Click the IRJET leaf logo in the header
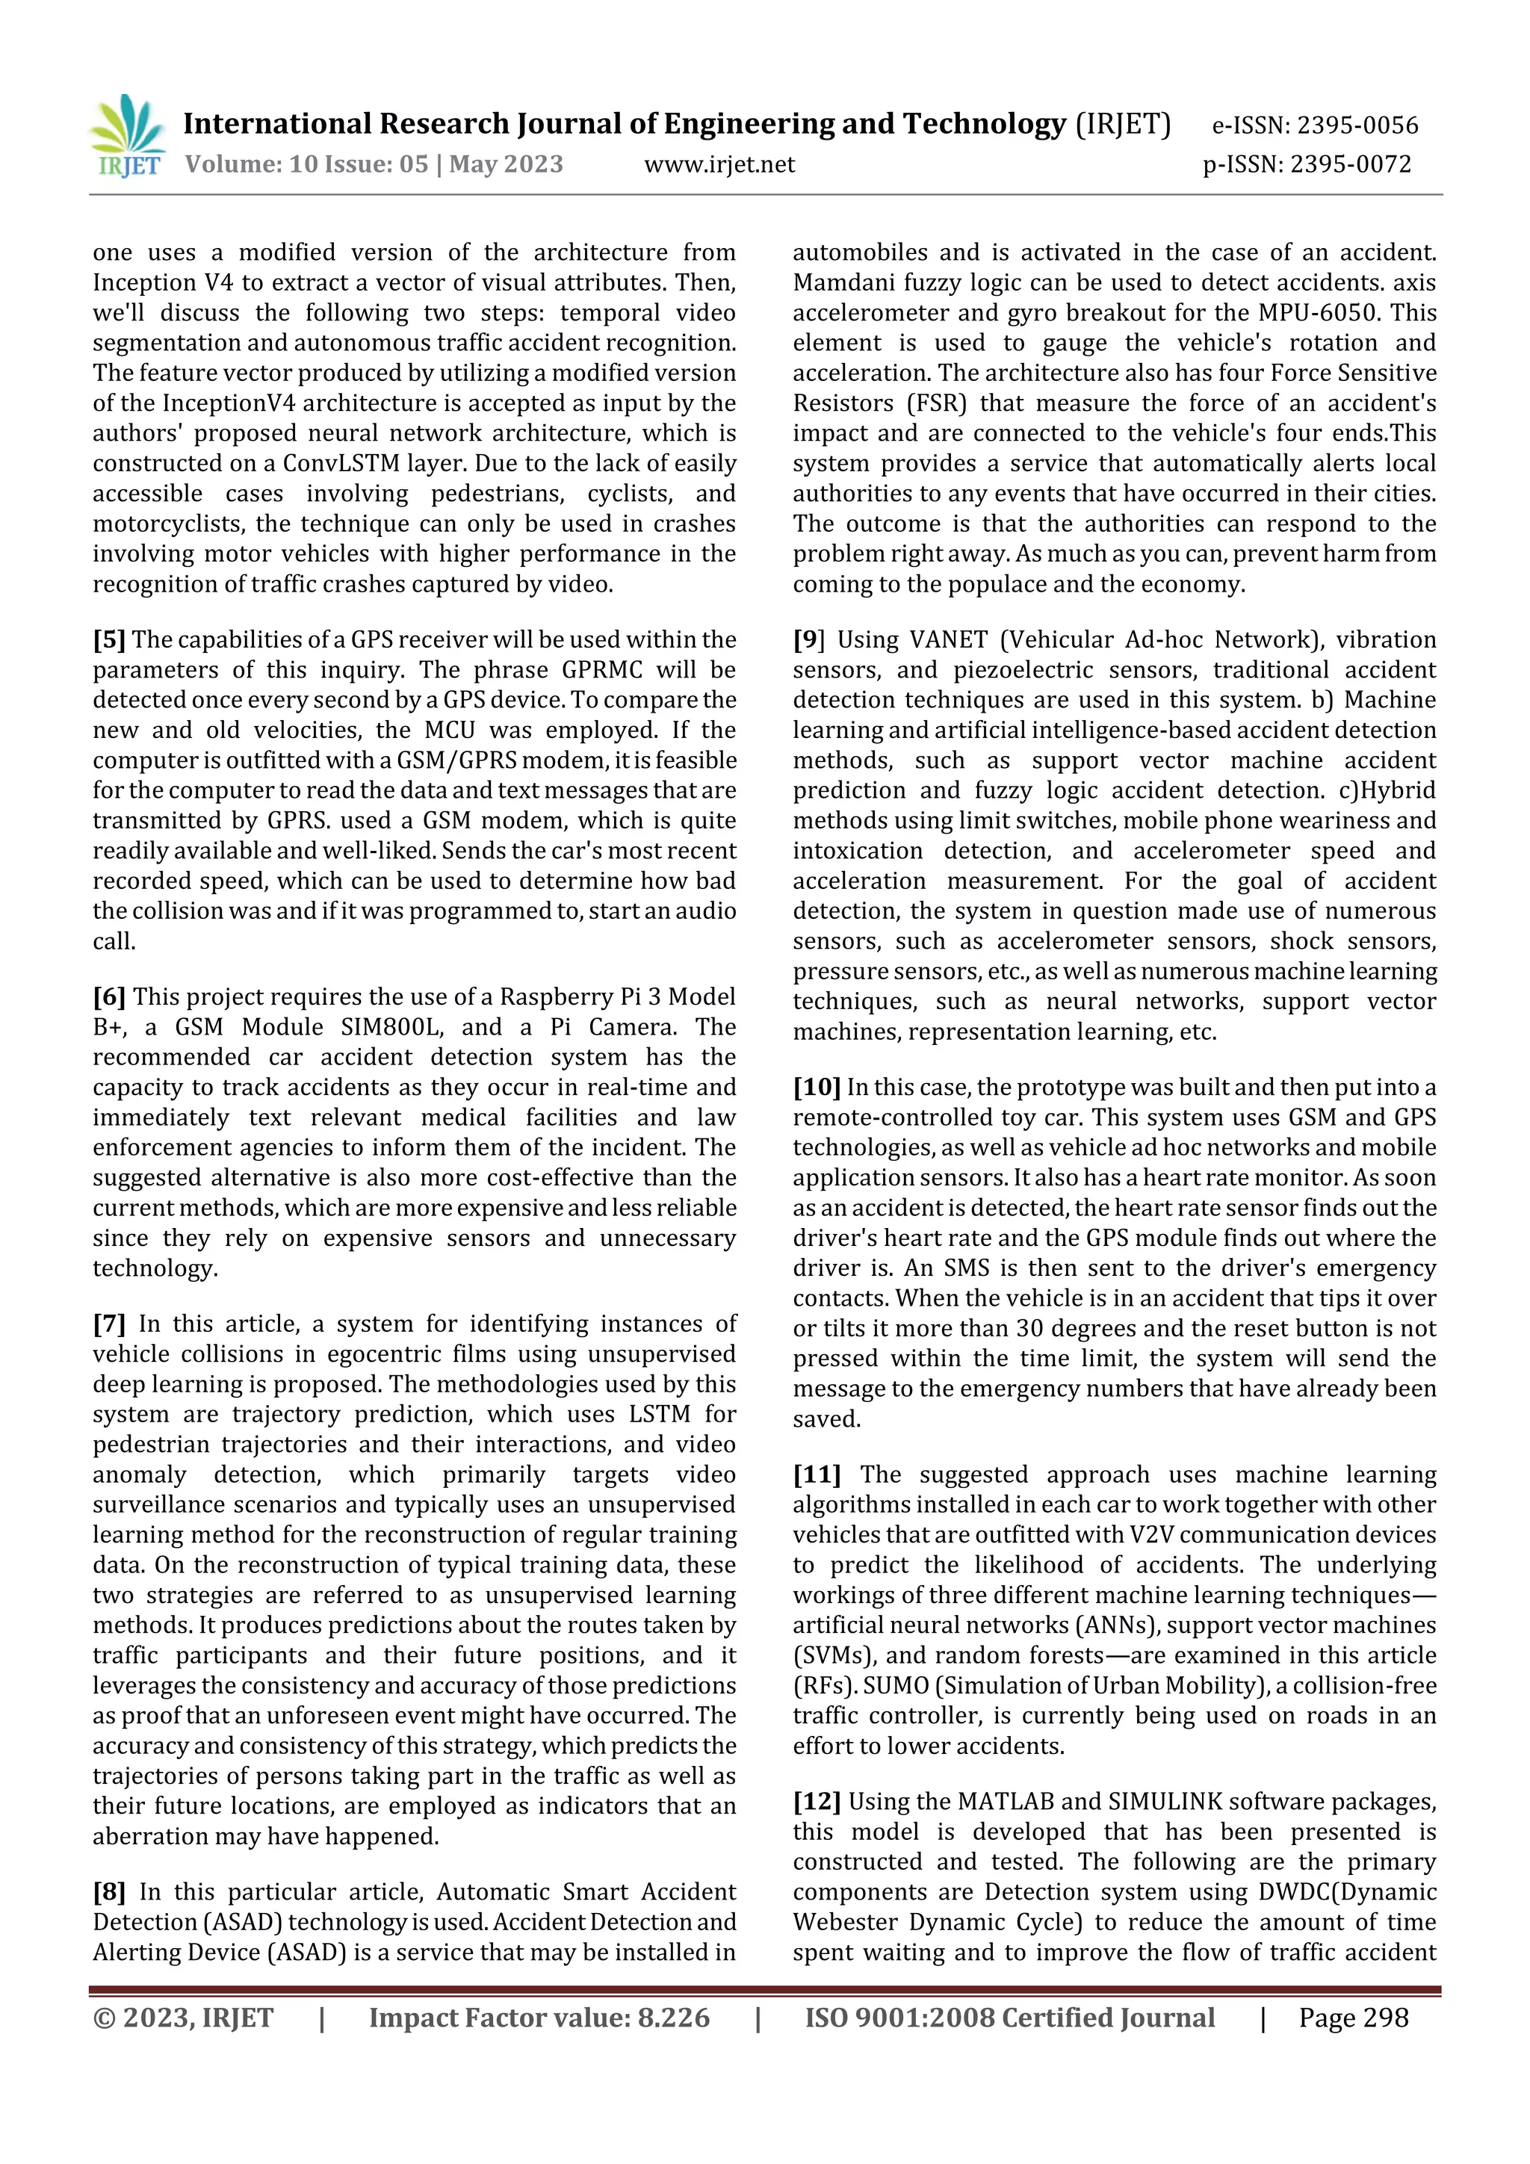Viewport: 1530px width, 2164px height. coord(127,137)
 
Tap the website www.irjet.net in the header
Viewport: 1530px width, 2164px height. coord(719,165)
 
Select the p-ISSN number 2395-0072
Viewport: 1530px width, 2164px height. coord(1350,165)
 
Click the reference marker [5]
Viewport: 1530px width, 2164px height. coord(108,640)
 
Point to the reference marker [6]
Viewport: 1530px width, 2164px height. coord(108,997)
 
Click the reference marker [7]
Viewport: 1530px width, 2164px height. coord(108,1324)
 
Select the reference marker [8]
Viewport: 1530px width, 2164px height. coord(108,1893)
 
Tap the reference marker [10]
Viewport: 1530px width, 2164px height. coord(817,1088)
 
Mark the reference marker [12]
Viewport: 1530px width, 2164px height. coord(817,1802)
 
